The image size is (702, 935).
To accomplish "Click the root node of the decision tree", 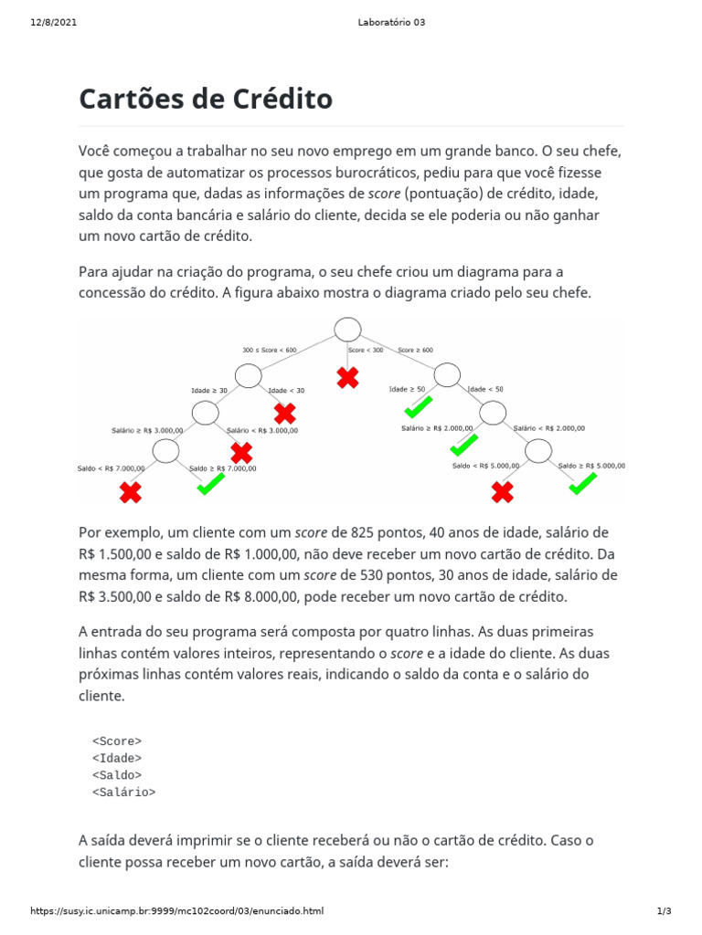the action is tap(347, 330).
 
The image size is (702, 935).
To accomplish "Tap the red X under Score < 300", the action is tap(347, 377).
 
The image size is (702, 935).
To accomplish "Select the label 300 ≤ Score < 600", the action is tap(270, 350).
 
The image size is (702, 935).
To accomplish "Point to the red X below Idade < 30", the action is tap(285, 413).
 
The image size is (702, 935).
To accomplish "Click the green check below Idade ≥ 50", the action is tap(419, 406).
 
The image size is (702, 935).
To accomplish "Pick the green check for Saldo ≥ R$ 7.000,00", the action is tap(211, 485).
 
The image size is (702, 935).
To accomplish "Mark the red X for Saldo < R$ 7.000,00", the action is tap(131, 493).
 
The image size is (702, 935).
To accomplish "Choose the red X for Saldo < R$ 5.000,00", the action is tap(502, 493).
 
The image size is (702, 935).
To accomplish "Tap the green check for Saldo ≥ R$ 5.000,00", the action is tap(582, 483).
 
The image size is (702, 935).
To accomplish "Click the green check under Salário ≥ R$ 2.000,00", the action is tap(463, 446).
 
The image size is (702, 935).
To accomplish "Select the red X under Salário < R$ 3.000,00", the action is tap(241, 452).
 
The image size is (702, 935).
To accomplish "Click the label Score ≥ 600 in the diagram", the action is tap(415, 350).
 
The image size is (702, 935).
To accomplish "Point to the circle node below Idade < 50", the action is tap(493, 414).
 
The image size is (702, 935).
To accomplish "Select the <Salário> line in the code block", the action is tap(124, 793).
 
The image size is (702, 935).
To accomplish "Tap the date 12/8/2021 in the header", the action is tap(53, 23).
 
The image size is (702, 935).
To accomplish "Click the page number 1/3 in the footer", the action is tap(665, 911).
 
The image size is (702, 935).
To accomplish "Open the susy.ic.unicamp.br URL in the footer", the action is tap(176, 911).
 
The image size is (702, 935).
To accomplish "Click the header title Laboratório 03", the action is tap(390, 23).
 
